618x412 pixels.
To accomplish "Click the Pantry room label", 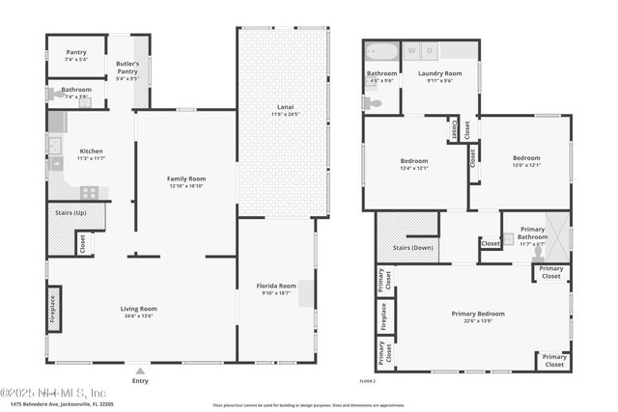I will point(76,52).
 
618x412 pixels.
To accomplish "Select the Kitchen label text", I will point(92,151).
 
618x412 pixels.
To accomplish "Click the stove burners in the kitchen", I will point(89,192).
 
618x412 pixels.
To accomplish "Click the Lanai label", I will point(283,108).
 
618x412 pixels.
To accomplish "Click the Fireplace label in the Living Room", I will point(53,308).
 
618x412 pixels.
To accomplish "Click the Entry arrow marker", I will point(140,371).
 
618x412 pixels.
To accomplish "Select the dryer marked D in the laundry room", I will point(430,49).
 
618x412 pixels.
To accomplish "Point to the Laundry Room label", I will point(439,73).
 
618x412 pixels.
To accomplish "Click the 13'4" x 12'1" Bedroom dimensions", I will point(413,168).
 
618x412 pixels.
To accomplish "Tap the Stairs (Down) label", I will point(413,248).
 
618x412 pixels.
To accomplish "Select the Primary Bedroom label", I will point(478,314).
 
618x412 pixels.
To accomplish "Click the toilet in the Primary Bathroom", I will point(507,238).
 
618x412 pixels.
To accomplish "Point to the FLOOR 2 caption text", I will point(368,382).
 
